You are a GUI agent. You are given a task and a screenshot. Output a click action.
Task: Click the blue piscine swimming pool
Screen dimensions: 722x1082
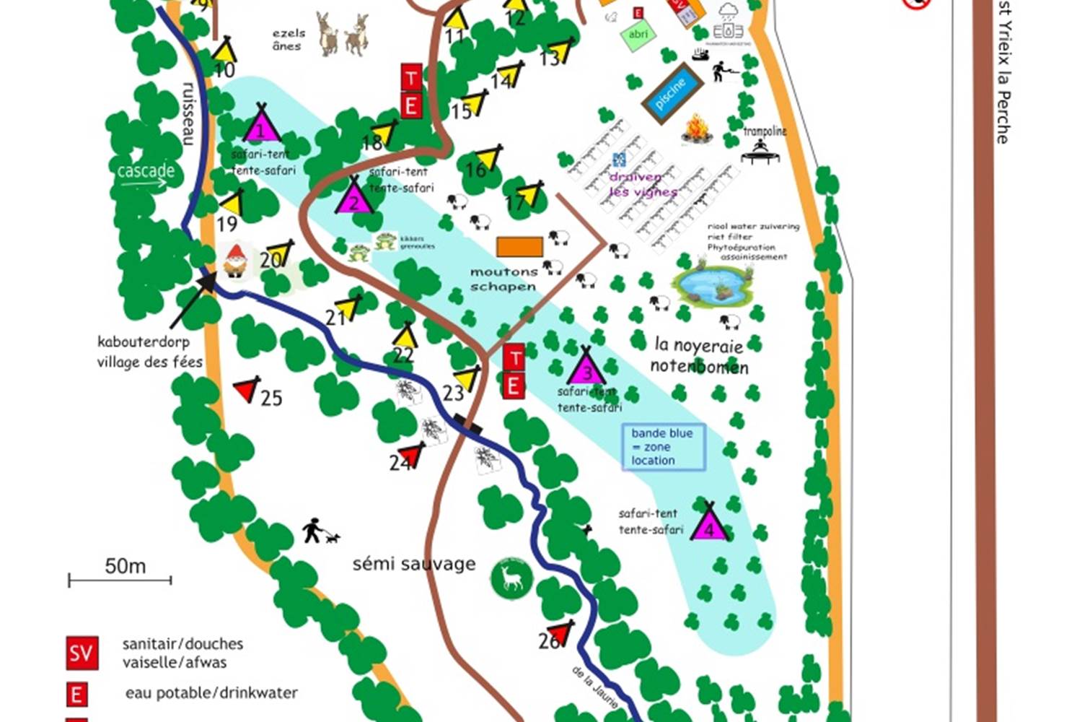pyautogui.click(x=672, y=93)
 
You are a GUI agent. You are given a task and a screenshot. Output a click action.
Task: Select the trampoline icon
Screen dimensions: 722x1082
pyautogui.click(x=760, y=152)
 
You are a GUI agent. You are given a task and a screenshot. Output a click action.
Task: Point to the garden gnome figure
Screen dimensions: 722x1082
pyautogui.click(x=236, y=261)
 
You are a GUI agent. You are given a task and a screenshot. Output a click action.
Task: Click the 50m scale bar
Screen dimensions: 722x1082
pyautogui.click(x=120, y=579)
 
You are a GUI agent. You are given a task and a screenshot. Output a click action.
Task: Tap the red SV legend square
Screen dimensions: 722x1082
pyautogui.click(x=82, y=653)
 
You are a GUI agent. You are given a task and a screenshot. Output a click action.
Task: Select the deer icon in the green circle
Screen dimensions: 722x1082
pyautogui.click(x=511, y=578)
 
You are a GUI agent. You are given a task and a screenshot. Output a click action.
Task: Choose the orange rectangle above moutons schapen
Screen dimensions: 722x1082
pyautogui.click(x=519, y=247)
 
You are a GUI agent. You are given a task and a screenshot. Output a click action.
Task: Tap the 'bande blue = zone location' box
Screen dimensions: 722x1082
pyautogui.click(x=663, y=447)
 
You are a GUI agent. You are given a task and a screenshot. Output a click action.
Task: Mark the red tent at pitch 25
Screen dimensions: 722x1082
pyautogui.click(x=247, y=389)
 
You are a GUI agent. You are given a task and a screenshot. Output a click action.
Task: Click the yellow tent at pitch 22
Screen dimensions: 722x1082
pyautogui.click(x=405, y=336)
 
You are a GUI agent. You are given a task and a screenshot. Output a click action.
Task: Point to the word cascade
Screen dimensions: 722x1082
pyautogui.click(x=146, y=171)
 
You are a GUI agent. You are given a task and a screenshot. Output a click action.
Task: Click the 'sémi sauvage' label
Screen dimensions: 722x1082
pyautogui.click(x=414, y=564)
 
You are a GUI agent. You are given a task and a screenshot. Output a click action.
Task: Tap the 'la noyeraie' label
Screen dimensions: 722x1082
pyautogui.click(x=698, y=345)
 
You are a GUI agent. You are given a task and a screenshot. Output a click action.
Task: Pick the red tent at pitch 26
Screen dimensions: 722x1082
pyautogui.click(x=560, y=632)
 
